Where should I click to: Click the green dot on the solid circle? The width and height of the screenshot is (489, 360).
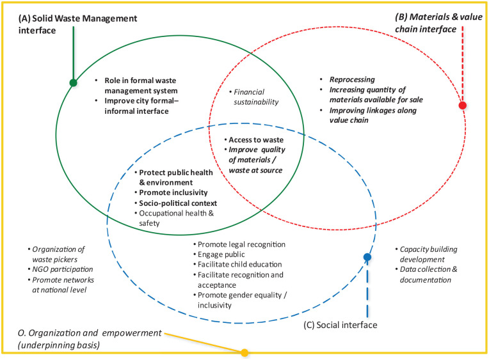74,82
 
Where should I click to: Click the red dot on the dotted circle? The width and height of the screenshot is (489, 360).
462,106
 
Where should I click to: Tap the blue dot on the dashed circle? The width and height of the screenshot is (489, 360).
367,258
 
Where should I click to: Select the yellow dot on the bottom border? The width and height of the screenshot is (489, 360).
244,352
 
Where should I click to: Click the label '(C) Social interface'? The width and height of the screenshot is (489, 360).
340,325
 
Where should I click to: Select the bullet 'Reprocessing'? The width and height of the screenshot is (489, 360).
351,79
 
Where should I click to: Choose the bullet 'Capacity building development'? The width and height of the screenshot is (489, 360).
429,254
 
